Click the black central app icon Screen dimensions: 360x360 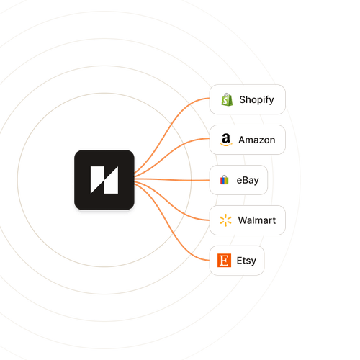(104, 180)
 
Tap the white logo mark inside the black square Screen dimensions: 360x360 (104, 180)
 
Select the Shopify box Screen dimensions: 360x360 (248, 99)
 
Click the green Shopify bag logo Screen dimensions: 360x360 (227, 99)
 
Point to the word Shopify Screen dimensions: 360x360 (256, 100)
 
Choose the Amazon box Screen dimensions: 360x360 (248, 140)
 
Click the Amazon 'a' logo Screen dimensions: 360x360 (226, 140)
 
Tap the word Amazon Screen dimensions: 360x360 (257, 140)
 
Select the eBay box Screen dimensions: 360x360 (238, 180)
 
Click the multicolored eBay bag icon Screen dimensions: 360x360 (225, 180)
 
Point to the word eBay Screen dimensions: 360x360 (248, 180)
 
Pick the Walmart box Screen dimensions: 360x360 (248, 220)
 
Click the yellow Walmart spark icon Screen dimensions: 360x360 (225, 220)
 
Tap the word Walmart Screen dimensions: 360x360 (257, 220)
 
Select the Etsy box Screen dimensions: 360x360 (237, 261)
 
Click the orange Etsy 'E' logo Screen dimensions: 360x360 (225, 261)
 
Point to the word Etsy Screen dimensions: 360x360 (246, 261)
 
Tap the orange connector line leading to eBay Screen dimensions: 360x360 (172, 179)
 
